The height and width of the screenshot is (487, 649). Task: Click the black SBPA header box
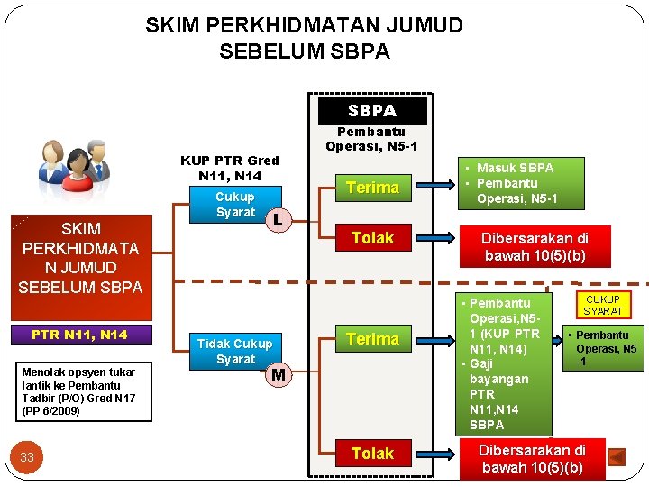(x=372, y=110)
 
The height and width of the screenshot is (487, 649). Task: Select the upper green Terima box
(x=372, y=188)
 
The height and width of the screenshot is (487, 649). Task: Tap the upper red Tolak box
(x=372, y=238)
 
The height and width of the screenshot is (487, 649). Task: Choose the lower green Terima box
(x=372, y=339)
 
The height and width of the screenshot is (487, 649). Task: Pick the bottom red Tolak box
(x=372, y=453)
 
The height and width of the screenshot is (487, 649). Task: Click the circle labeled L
(x=279, y=218)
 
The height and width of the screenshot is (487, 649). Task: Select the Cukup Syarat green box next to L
(x=235, y=204)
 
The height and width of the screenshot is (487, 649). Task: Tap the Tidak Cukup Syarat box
(x=234, y=351)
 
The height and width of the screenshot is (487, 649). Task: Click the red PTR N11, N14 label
(x=79, y=335)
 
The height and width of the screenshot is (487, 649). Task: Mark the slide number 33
(x=27, y=457)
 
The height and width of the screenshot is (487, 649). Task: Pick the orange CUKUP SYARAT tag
(x=602, y=305)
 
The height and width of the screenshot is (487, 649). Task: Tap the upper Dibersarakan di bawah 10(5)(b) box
(x=535, y=246)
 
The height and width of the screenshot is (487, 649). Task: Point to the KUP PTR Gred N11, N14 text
(x=229, y=168)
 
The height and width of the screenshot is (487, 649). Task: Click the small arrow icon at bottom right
(x=617, y=457)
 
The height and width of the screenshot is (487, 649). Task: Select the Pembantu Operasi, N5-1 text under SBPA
(x=371, y=138)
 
